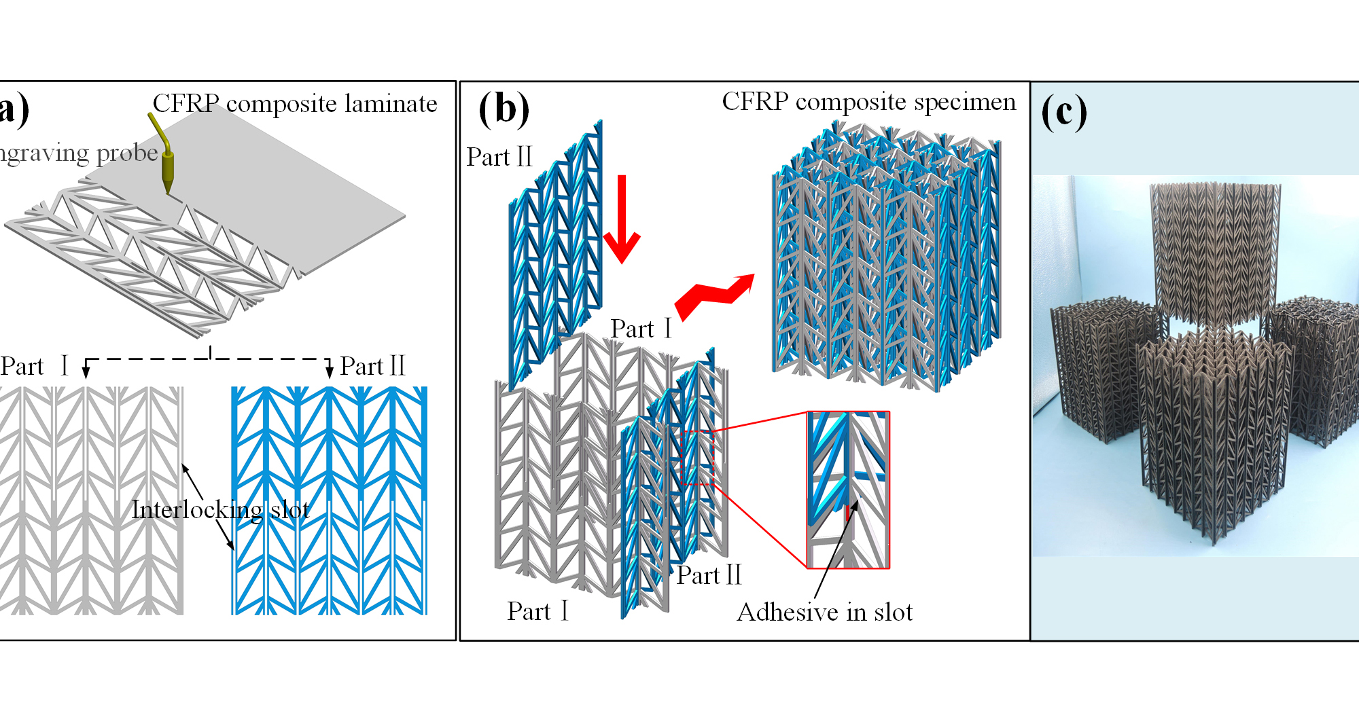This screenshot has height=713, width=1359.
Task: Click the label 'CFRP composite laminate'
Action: tap(294, 104)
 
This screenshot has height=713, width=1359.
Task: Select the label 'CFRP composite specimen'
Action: tap(868, 102)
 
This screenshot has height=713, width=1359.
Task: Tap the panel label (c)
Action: tap(1063, 112)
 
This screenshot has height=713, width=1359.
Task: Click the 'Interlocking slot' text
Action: tap(220, 509)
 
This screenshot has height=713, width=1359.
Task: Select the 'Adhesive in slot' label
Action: tap(824, 613)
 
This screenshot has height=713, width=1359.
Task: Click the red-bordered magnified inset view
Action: tap(848, 490)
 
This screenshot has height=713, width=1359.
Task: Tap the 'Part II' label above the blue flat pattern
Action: tap(372, 367)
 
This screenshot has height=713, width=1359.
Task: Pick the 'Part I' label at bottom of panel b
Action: tap(537, 611)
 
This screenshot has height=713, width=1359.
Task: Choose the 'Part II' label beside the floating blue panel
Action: tap(499, 157)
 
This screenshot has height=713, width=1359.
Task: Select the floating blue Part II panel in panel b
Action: tap(556, 251)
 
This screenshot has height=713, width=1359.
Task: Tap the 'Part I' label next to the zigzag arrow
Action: tap(641, 329)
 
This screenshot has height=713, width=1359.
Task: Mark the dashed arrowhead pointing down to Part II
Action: tap(330, 371)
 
